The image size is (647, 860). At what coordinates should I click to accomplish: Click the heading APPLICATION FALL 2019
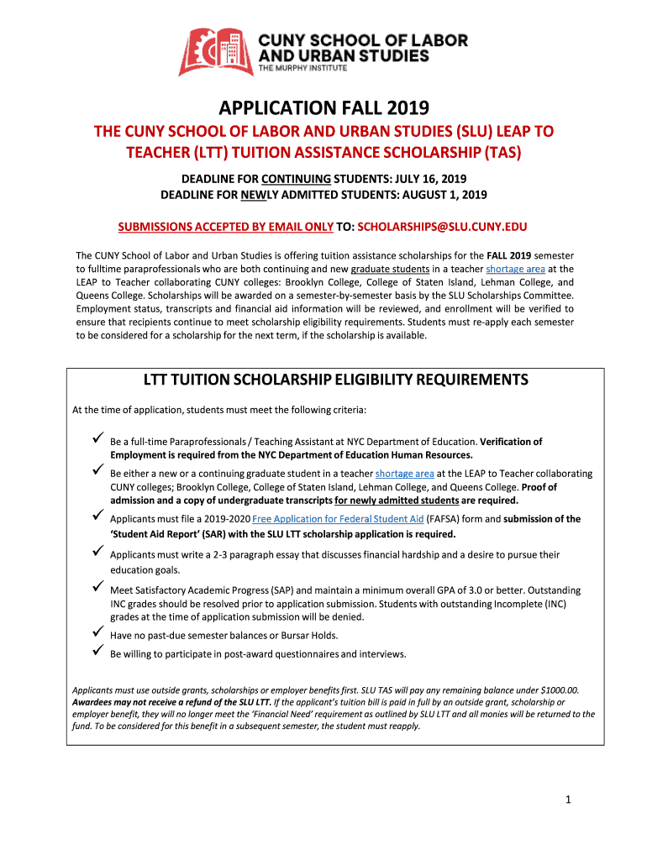(323, 107)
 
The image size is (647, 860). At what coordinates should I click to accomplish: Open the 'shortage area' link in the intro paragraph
(515, 269)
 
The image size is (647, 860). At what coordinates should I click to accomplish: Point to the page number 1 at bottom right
(568, 800)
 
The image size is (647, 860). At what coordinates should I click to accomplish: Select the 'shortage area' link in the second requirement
(404, 474)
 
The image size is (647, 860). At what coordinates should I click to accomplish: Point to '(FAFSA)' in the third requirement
(446, 519)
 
